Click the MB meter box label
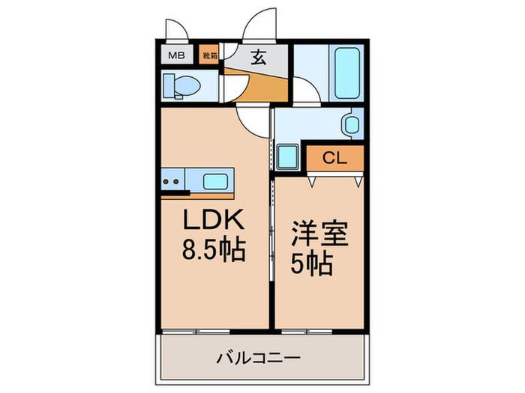coord(176,55)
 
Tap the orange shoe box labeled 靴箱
coord(209,55)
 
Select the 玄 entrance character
coord(259,57)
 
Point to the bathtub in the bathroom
coord(347,73)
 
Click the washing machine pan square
coord(288,156)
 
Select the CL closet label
coord(334,158)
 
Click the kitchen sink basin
coord(216,181)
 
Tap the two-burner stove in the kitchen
coord(172,180)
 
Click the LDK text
coord(213,219)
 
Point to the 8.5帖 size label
coord(214,249)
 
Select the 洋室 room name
coord(319,233)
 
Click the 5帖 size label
coord(311,263)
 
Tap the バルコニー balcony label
coord(259,359)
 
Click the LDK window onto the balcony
coord(196,332)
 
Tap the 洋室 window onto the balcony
coord(307,332)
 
